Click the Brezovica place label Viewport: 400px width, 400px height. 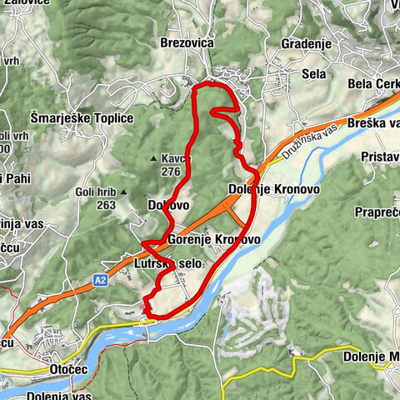pos(187,42)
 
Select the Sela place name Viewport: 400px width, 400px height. pos(313,74)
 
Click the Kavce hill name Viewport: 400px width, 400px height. pos(177,158)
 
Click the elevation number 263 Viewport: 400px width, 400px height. pos(105,204)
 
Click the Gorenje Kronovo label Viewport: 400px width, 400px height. pos(213,240)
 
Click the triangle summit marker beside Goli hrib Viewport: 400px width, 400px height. pos(122,192)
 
